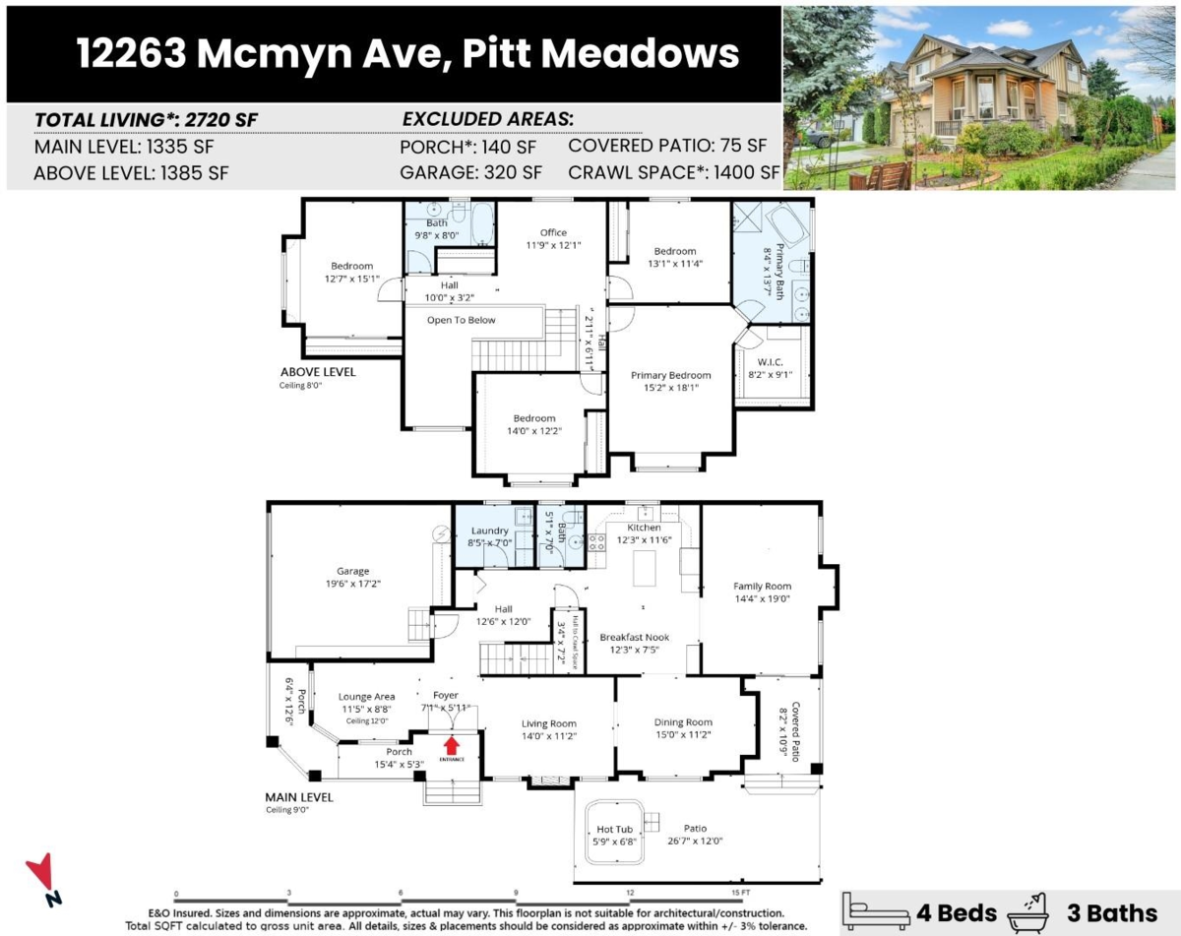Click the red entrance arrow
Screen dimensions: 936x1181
click(452, 745)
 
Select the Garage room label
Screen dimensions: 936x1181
click(353, 571)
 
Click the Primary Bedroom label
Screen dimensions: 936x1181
click(670, 375)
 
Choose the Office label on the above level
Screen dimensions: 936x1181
click(553, 232)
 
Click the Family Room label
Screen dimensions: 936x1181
click(762, 587)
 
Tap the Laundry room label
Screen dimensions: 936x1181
click(489, 531)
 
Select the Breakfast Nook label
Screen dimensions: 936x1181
click(634, 638)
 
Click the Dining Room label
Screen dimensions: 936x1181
click(683, 722)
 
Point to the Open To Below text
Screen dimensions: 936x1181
click(461, 320)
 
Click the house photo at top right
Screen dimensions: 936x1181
click(979, 97)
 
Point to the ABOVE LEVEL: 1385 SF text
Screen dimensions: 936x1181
click(131, 172)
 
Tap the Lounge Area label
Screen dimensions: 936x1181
click(367, 697)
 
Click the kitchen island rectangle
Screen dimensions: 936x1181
click(644, 569)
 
